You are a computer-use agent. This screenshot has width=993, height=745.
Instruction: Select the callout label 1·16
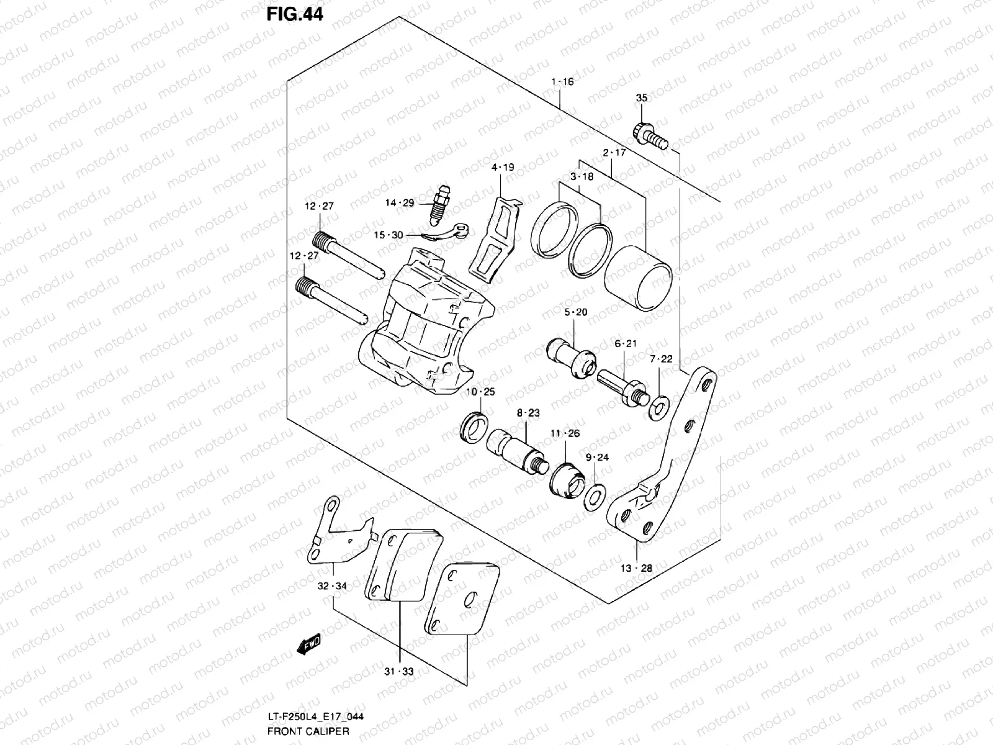tap(562, 82)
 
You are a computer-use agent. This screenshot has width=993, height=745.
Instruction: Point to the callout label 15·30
tap(388, 235)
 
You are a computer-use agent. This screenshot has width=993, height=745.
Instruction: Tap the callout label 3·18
tap(582, 177)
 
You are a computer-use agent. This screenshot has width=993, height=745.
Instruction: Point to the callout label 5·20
tap(575, 312)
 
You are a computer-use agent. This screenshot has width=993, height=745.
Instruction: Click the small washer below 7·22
tap(659, 407)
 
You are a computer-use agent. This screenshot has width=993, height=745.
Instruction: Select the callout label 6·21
tap(626, 343)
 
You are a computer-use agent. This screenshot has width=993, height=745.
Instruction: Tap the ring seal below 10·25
tap(475, 427)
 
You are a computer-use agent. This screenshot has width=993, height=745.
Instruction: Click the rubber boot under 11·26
tap(567, 482)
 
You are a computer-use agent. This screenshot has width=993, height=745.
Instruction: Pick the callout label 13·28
tap(637, 568)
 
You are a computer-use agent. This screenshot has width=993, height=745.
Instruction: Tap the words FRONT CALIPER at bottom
tap(308, 731)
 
